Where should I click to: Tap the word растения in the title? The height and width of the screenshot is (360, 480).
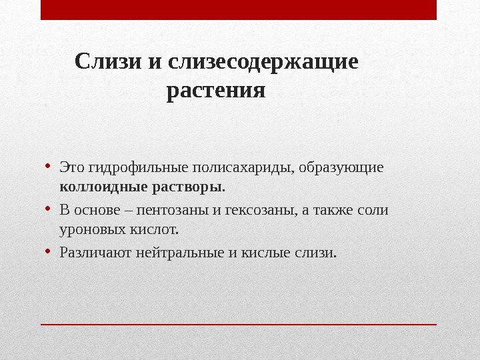[x=216, y=89]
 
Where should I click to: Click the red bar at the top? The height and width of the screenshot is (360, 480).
[x=239, y=10]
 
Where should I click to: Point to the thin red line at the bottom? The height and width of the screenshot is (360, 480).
[x=239, y=325]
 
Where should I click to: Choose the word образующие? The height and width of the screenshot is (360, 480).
[x=341, y=167]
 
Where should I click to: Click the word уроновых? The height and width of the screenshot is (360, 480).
[x=87, y=231]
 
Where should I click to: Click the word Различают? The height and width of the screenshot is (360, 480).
[x=95, y=254]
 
